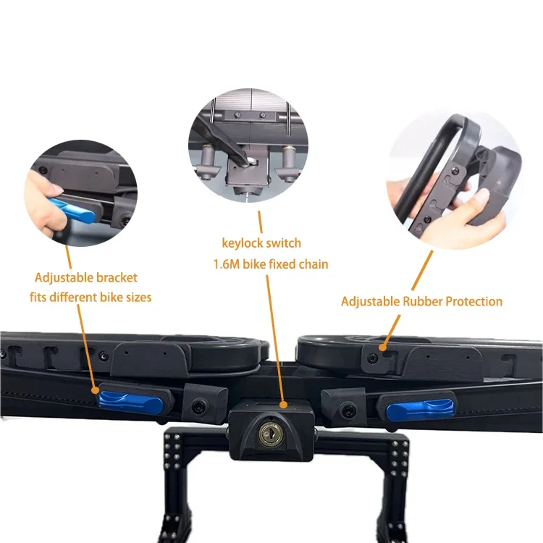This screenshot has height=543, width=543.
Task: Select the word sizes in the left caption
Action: (x=136, y=297)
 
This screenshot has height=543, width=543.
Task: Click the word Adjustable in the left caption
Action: (x=64, y=277)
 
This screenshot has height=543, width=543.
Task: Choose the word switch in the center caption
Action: (x=282, y=243)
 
